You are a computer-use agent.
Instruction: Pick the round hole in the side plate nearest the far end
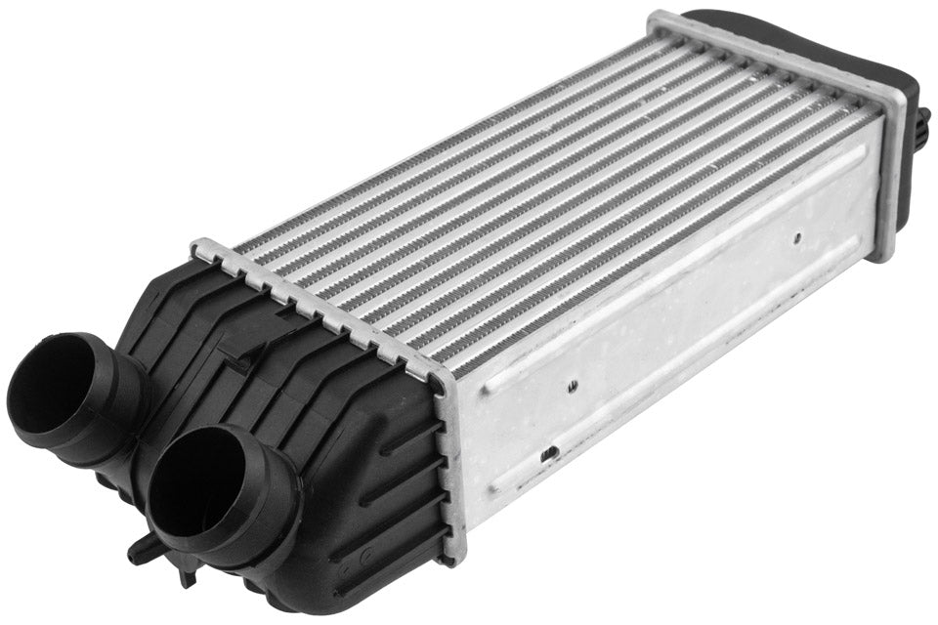[x=797, y=234]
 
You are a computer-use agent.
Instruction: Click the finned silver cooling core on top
[x=547, y=195]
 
